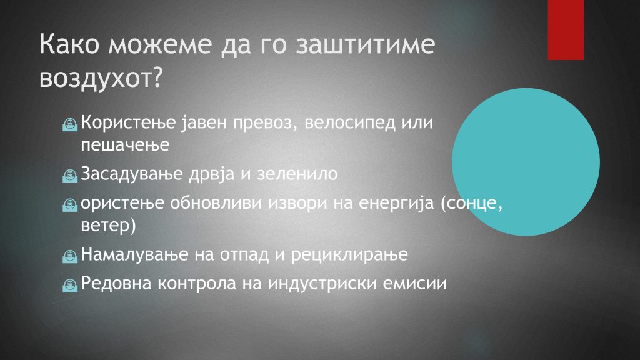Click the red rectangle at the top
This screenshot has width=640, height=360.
point(566,30)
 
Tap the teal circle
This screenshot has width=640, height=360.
point(526,162)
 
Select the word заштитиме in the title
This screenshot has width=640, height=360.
point(366,44)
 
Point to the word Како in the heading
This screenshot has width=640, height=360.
point(69,44)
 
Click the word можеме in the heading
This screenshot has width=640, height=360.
point(160,45)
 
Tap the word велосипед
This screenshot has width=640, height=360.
point(350,123)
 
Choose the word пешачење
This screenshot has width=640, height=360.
point(125,145)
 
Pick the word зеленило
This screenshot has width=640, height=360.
point(297,174)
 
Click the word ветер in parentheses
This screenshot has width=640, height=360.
point(105,226)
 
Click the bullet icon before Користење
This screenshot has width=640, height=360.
point(70,124)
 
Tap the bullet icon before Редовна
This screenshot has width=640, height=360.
point(70,285)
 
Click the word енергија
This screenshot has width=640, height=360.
point(396,203)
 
